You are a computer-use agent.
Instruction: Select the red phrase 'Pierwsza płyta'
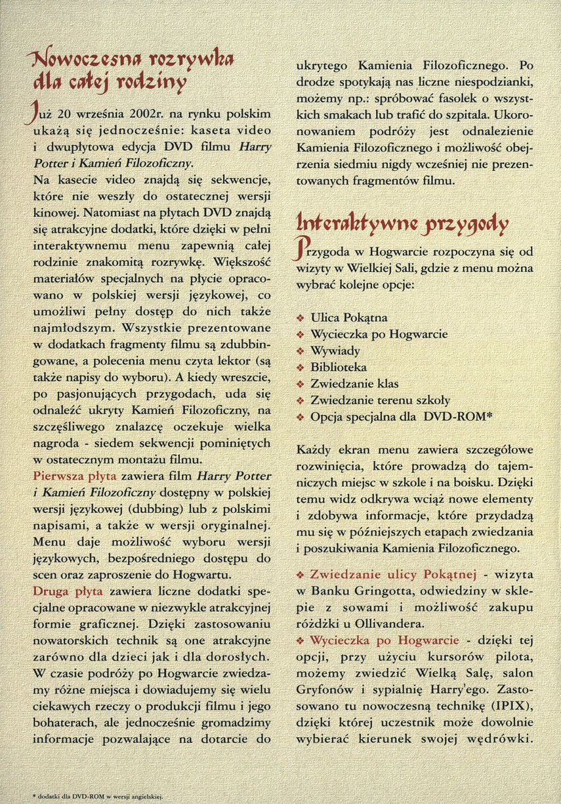[72, 475]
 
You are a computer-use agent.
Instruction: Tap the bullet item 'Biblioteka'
[339, 367]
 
